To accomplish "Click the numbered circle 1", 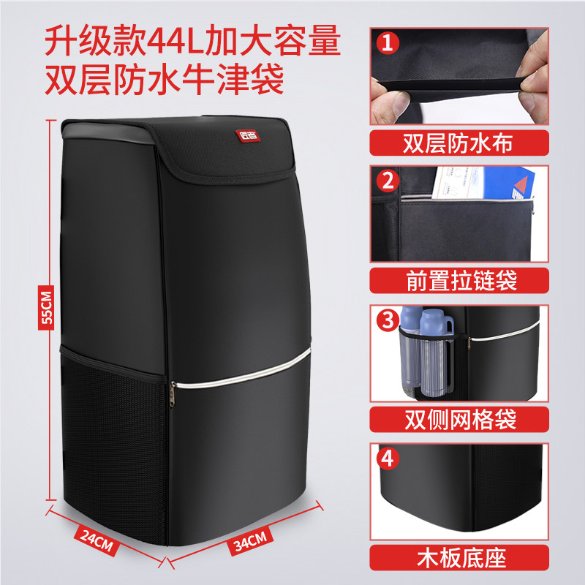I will (387, 42).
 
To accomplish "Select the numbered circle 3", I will (387, 320).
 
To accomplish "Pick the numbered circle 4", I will (387, 459).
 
